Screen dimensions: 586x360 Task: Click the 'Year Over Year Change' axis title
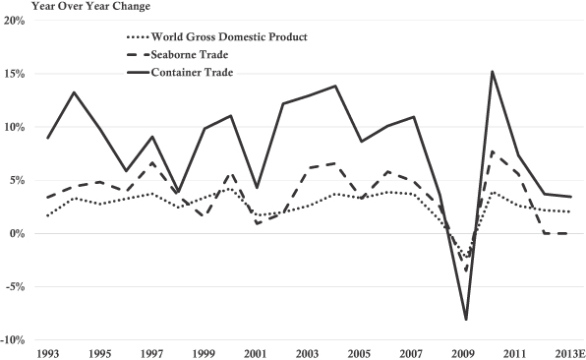(90, 6)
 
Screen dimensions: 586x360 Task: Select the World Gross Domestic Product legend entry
(217, 37)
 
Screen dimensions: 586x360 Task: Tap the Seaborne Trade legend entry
(178, 54)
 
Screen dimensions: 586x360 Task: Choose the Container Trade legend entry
(180, 72)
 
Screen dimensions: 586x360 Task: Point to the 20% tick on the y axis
(14, 21)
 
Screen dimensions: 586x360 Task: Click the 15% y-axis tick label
(14, 74)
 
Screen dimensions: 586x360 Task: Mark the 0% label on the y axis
(17, 234)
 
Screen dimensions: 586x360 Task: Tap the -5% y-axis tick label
(14, 287)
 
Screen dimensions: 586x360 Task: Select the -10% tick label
(13, 340)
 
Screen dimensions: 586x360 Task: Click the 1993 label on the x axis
(48, 353)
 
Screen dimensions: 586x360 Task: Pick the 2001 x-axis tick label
(257, 353)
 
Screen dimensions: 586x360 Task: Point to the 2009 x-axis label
(464, 353)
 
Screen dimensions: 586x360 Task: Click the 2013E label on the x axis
(569, 353)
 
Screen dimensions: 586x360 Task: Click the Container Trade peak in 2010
(493, 71)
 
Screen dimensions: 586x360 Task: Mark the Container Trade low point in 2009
(466, 320)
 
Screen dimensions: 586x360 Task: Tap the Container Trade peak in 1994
(75, 91)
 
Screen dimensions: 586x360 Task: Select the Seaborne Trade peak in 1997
(152, 162)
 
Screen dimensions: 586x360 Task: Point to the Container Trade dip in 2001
(257, 188)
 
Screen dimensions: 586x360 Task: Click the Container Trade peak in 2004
(335, 86)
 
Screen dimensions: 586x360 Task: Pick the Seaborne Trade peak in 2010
(493, 151)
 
